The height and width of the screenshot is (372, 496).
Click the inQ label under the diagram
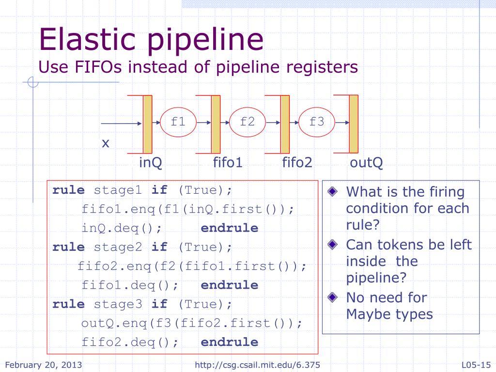(151, 162)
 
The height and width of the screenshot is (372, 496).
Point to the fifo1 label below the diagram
(228, 162)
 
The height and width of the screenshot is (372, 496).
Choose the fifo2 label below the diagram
(297, 162)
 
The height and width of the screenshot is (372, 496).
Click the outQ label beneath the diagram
(366, 162)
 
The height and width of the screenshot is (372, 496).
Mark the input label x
(105, 143)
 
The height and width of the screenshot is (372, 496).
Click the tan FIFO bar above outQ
(354, 124)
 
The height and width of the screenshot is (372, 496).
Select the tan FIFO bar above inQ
(147, 124)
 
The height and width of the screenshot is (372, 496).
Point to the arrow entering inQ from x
(121, 123)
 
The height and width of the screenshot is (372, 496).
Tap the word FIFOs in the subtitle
(100, 67)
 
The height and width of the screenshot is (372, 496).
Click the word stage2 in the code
(118, 247)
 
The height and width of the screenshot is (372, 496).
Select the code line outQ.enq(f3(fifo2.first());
(191, 323)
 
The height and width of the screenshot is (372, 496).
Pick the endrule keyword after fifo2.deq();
(229, 342)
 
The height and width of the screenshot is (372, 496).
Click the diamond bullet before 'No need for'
(331, 296)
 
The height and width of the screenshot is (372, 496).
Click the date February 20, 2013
(43, 364)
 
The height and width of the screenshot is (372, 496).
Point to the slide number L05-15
(476, 364)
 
